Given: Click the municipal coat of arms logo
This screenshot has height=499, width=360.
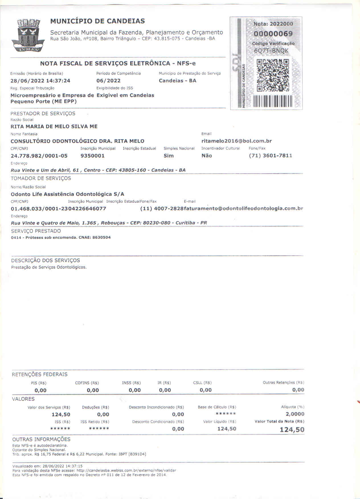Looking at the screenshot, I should [x=28, y=35].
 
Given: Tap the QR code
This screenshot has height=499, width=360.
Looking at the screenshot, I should [x=273, y=75].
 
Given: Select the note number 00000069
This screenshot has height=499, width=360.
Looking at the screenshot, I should [x=273, y=34].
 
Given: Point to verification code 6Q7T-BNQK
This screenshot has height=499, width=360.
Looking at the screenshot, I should [x=271, y=51].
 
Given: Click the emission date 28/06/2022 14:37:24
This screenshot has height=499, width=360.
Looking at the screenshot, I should [x=40, y=81].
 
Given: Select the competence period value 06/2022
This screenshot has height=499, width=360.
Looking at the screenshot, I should [x=109, y=81].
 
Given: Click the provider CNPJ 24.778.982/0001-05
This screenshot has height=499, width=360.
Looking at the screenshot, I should [x=39, y=156].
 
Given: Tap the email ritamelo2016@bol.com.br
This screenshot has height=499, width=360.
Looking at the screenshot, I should [x=236, y=141].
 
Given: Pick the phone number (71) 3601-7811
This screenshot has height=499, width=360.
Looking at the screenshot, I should [x=270, y=156].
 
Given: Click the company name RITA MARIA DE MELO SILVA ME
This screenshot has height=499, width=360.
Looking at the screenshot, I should [x=54, y=126].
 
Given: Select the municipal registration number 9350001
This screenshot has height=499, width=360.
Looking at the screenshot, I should [x=93, y=156].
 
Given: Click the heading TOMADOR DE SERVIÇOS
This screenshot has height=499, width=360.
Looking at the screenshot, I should [x=41, y=178].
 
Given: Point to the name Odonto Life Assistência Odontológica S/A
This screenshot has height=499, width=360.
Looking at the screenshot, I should [x=67, y=194].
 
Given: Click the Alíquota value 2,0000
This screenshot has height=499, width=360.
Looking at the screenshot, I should [x=295, y=414].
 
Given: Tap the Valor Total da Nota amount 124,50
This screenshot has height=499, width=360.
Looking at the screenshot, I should [x=292, y=430].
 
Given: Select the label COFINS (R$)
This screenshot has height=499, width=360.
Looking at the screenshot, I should [x=87, y=383].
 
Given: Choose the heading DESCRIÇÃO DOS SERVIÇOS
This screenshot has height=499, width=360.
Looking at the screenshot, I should [x=46, y=260].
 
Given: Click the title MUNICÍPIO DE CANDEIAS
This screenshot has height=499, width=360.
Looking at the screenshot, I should [x=97, y=21].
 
